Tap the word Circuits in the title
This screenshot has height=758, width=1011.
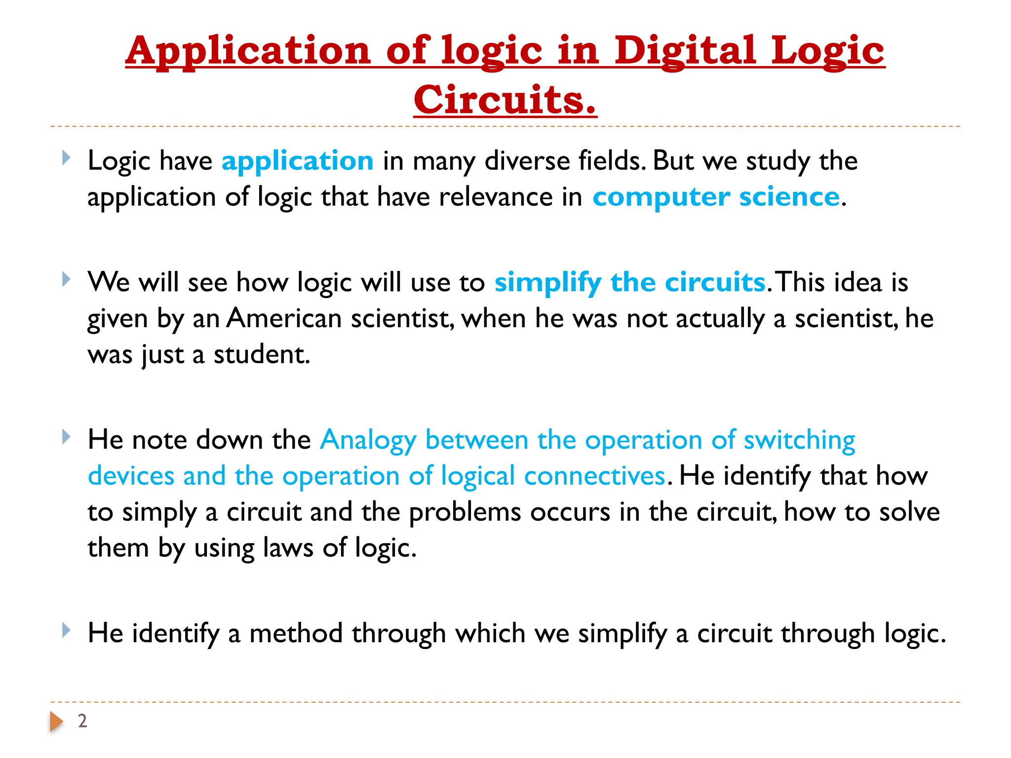tap(505, 100)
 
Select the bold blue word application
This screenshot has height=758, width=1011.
tap(297, 161)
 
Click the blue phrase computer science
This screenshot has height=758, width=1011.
tap(716, 197)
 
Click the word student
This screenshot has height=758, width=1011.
tap(261, 354)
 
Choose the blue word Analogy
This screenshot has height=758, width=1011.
tap(368, 440)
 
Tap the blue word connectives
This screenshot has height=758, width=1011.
tap(595, 476)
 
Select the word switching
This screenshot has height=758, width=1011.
tap(799, 440)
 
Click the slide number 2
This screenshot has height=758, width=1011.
tap(82, 721)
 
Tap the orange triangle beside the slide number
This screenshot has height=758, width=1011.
tap(56, 721)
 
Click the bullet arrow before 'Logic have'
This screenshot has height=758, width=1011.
tap(66, 158)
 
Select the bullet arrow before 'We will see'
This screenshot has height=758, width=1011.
tap(66, 280)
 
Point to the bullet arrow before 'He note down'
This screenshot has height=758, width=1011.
tap(66, 437)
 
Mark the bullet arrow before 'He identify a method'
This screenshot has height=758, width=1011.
tap(66, 631)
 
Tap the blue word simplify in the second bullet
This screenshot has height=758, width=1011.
tap(547, 283)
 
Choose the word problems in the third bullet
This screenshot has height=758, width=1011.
tap(465, 512)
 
